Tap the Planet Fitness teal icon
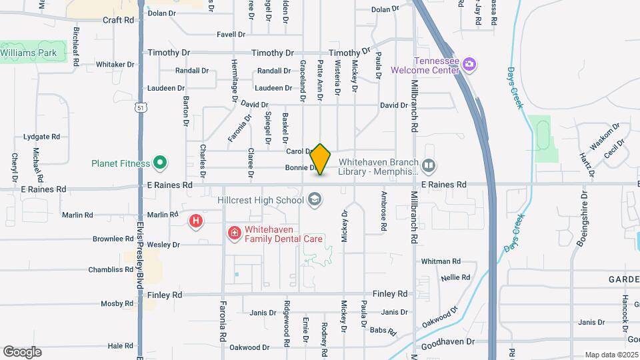click(159, 162)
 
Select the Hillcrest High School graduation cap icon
click(314, 199)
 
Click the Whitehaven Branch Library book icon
click(429, 165)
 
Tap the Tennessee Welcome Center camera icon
click(469, 64)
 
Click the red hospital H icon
click(195, 221)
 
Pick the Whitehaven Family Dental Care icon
click(234, 233)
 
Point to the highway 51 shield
click(139, 107)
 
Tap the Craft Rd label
click(118, 20)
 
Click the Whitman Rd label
click(441, 261)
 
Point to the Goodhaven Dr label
click(446, 341)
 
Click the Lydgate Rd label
click(41, 137)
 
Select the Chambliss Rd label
click(111, 270)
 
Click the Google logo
click(22, 351)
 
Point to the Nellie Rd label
click(456, 277)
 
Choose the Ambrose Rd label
click(384, 211)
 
